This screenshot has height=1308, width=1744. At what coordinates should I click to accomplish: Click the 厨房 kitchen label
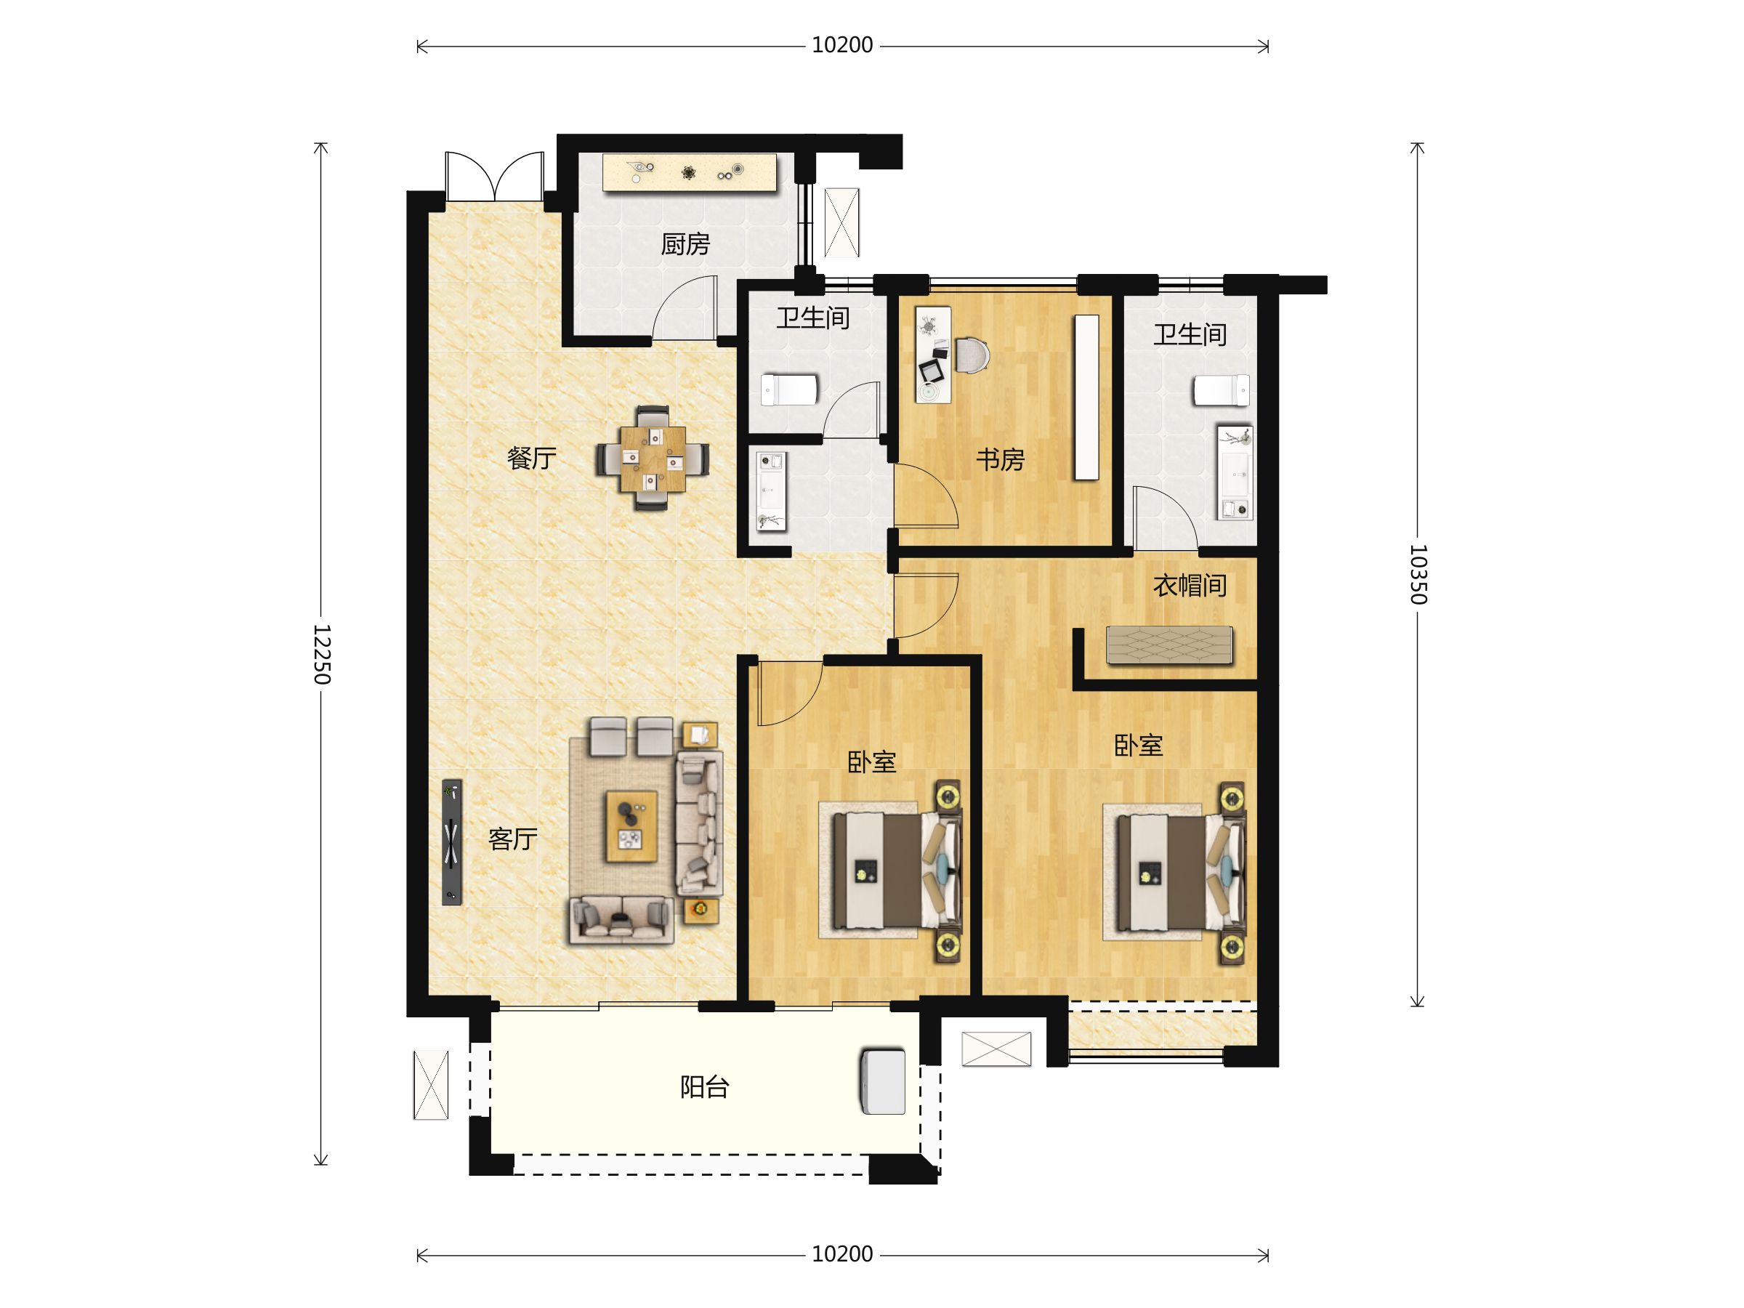pos(685,244)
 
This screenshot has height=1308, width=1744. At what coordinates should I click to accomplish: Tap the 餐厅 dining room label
pos(531,458)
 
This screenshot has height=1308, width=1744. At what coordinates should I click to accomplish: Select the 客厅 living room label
pos(512,839)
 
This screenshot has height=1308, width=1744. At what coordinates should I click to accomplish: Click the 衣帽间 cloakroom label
pos(1190,585)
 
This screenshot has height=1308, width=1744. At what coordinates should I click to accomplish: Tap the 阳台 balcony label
pos(704,1087)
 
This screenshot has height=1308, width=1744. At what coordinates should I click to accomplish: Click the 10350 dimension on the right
pos(1418,574)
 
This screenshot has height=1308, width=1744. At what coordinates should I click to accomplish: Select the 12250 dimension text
pos(322,655)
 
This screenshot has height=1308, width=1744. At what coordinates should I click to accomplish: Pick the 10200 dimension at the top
pos(842,45)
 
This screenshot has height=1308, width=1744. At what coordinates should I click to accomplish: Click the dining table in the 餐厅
pos(652,458)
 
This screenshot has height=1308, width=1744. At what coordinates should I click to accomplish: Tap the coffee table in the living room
pos(631,826)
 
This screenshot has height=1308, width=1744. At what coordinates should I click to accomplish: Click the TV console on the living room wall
pos(452,842)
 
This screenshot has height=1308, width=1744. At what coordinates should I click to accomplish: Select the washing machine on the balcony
pos(883,1081)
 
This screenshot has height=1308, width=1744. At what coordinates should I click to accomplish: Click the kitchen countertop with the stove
pos(689,172)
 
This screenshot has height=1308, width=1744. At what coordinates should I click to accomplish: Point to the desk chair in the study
pos(972,355)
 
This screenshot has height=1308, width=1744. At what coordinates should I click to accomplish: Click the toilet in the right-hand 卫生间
pos(1222,390)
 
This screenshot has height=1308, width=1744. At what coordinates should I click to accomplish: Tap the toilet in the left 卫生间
pos(789,389)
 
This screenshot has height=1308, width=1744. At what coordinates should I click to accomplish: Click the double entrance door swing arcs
pos(494,175)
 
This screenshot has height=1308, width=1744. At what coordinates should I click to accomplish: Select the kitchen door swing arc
pos(685,307)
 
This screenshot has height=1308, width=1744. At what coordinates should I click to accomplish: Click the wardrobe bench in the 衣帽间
pos(1169,644)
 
